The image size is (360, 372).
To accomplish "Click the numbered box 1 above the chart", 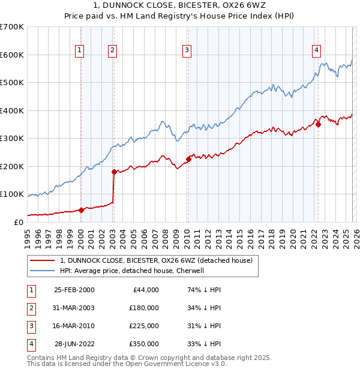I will tap(80, 51).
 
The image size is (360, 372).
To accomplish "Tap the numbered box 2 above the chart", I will tap(112, 51).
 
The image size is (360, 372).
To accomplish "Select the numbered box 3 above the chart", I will tap(187, 51).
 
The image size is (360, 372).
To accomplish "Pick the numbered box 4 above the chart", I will tap(316, 51).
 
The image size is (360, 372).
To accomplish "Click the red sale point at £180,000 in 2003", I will tap(114, 172).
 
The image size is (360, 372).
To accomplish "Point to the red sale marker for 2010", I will tap(188, 159).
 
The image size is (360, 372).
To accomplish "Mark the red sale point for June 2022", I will tap(319, 125).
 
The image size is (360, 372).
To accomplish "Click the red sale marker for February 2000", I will tap(81, 210).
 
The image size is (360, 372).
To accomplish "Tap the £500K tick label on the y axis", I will tap(12, 83).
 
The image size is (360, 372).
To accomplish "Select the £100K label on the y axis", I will tap(12, 194).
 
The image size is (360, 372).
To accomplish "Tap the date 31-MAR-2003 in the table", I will tap(74, 308).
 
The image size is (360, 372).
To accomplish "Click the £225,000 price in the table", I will tap(144, 326).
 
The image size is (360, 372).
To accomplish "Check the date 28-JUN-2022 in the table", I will tap(74, 344).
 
